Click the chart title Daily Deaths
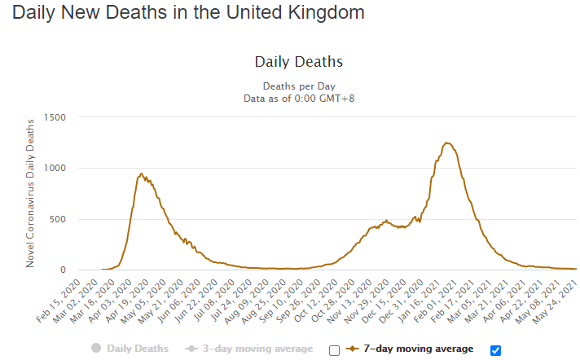click(x=298, y=62)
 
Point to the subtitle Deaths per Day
click(x=299, y=86)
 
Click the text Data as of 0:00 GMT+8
click(x=299, y=99)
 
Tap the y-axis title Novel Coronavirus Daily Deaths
click(x=30, y=194)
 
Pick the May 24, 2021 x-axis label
click(x=558, y=301)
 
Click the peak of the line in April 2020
click(x=142, y=173)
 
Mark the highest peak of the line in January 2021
click(x=446, y=143)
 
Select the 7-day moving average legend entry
click(x=410, y=349)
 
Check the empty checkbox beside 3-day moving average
click(x=334, y=350)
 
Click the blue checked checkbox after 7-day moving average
click(x=495, y=350)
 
